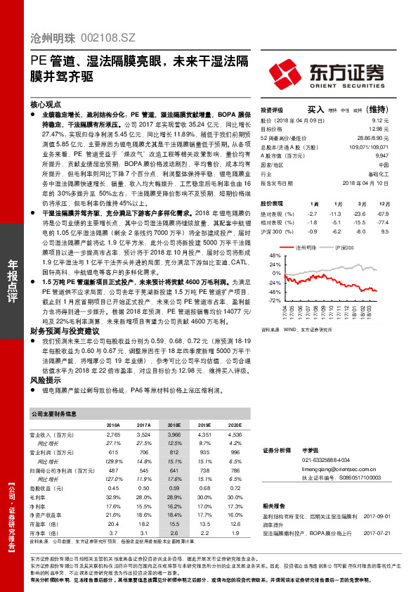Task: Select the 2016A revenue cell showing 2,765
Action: pos(113,436)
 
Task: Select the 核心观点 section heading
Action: pos(44,102)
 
